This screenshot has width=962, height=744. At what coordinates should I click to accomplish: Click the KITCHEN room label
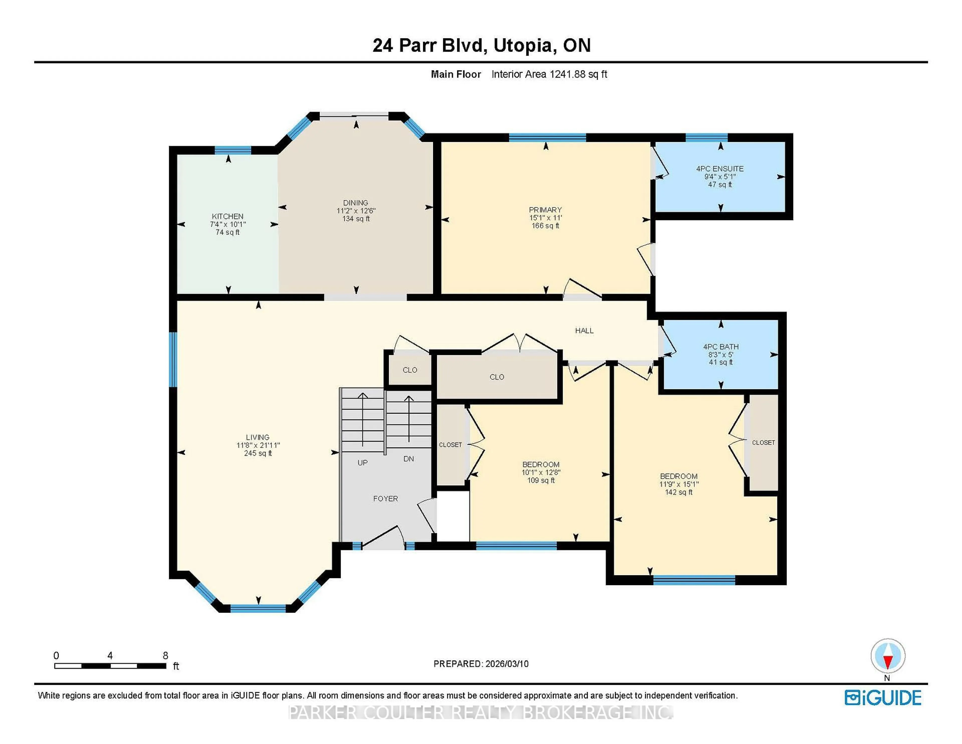tap(227, 216)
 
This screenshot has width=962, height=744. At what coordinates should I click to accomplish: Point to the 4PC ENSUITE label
tap(720, 168)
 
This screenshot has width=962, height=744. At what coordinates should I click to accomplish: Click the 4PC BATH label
tap(720, 346)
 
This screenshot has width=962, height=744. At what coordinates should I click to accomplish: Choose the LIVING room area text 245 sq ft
tap(258, 453)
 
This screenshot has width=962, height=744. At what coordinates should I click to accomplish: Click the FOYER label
tap(385, 499)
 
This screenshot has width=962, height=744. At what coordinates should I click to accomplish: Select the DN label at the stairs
tap(408, 459)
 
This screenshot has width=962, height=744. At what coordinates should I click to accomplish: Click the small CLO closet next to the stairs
tap(410, 370)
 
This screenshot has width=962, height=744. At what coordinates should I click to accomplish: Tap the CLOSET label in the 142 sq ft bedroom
tap(763, 442)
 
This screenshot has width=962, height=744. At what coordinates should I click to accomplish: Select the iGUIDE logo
tap(883, 698)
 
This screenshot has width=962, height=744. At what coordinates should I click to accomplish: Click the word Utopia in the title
tap(522, 45)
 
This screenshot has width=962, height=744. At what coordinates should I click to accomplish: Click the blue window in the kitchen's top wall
tap(232, 150)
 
